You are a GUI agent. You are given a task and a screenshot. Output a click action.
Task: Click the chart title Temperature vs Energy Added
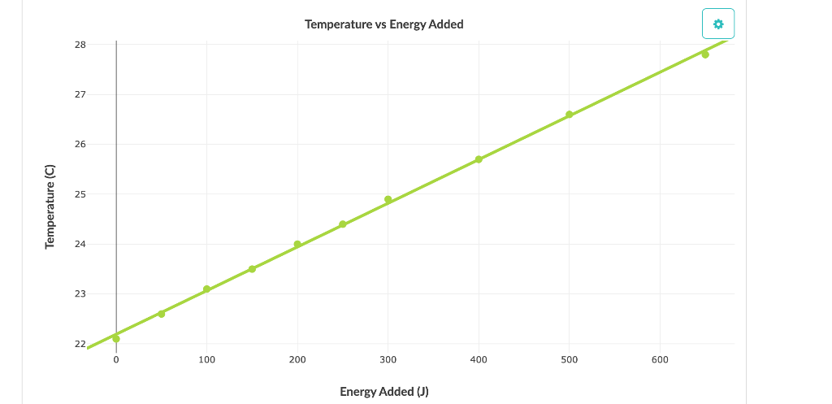pyautogui.click(x=383, y=24)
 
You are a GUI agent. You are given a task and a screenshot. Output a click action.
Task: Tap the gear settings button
pyautogui.click(x=717, y=24)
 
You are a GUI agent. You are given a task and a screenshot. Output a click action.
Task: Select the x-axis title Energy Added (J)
pyautogui.click(x=383, y=392)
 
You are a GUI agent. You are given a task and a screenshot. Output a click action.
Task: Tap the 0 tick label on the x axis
pyautogui.click(x=116, y=359)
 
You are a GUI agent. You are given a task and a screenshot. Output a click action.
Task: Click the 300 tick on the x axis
pyautogui.click(x=388, y=359)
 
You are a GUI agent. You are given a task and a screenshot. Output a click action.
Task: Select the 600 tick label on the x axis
pyautogui.click(x=660, y=359)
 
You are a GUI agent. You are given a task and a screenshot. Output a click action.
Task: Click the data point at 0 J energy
pyautogui.click(x=116, y=339)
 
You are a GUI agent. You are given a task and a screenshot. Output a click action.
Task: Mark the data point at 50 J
pyautogui.click(x=162, y=314)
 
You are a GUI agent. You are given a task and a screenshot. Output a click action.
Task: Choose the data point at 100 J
pyautogui.click(x=206, y=289)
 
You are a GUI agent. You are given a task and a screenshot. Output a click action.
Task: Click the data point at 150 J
pyautogui.click(x=252, y=269)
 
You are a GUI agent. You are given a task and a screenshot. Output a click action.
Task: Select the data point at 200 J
pyautogui.click(x=297, y=244)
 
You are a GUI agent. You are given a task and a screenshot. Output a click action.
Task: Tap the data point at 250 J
pyautogui.click(x=343, y=224)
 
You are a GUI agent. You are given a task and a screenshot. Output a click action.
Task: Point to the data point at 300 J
pyautogui.click(x=388, y=199)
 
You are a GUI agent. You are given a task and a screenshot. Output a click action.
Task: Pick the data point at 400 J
pyautogui.click(x=479, y=159)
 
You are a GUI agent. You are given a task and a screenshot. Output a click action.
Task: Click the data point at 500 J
pyautogui.click(x=569, y=115)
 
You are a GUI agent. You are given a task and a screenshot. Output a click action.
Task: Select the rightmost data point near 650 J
pyautogui.click(x=705, y=54)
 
